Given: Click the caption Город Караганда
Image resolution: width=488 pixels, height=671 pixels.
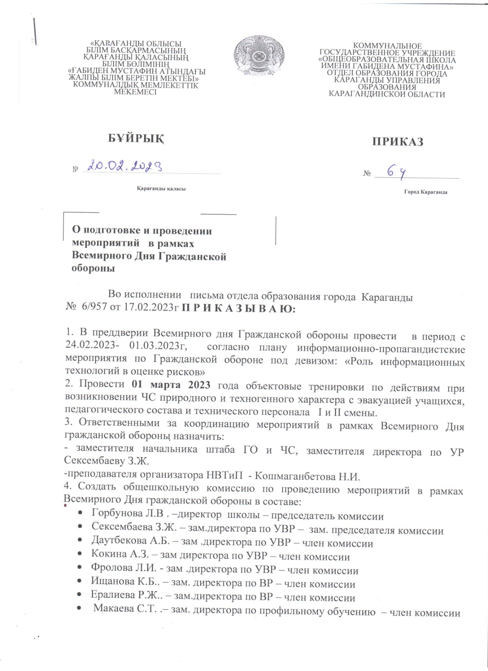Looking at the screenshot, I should click(425, 192).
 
